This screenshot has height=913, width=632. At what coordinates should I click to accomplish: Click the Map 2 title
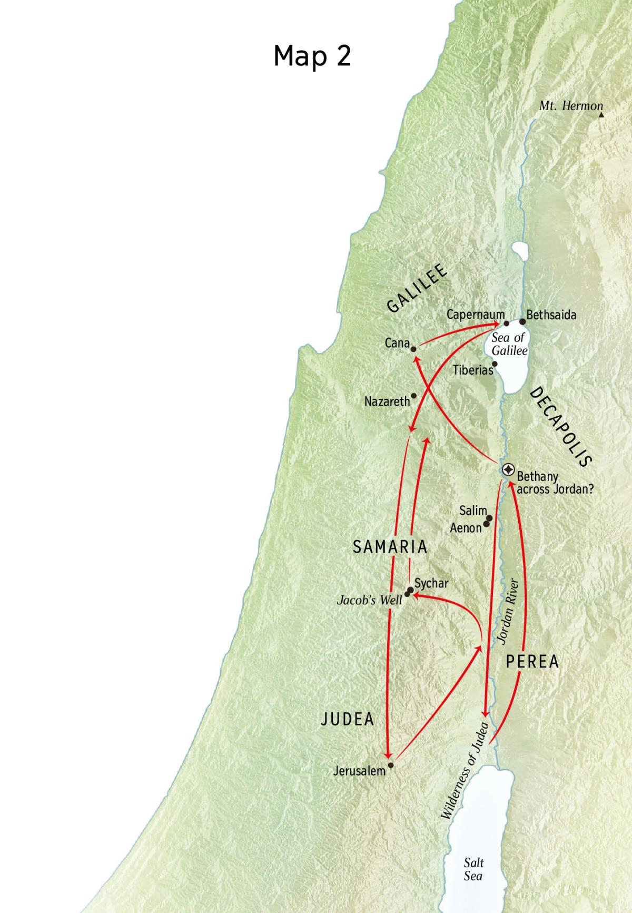click(312, 55)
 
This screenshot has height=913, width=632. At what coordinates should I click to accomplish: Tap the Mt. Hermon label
click(570, 106)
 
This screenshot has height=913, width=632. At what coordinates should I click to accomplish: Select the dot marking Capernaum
click(507, 323)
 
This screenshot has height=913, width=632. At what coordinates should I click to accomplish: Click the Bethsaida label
click(551, 315)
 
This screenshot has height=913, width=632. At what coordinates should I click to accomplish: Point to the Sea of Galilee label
click(509, 344)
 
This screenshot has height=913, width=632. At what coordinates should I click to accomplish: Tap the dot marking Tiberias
click(495, 364)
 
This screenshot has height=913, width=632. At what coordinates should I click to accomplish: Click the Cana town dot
click(414, 349)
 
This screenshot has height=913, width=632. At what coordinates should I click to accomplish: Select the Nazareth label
click(387, 401)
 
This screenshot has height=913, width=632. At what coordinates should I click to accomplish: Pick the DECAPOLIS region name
click(561, 427)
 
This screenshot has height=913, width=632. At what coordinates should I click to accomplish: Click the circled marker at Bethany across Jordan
click(508, 469)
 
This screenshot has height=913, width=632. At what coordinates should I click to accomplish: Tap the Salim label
click(472, 511)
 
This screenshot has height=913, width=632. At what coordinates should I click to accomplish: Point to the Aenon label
click(466, 528)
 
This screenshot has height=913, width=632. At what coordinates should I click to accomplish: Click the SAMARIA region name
click(390, 547)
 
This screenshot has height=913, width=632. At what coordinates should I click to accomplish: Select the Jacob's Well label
click(369, 600)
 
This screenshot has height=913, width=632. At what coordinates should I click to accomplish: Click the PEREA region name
click(532, 662)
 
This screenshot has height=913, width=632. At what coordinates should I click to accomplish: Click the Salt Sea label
click(473, 869)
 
